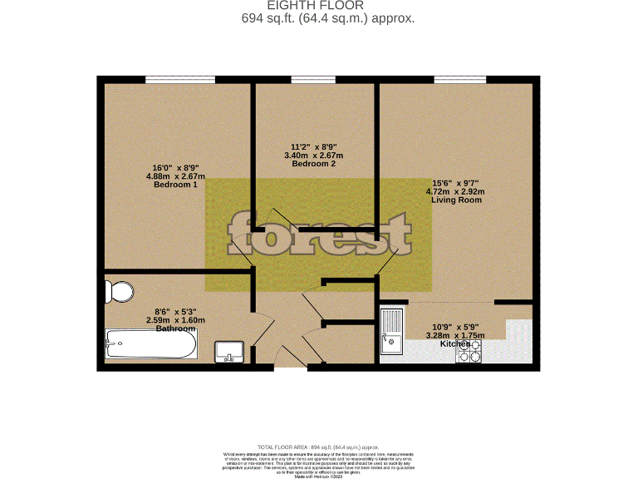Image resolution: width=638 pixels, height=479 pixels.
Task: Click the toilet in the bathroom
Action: pos(120,292)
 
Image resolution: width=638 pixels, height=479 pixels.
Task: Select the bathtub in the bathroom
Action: pos(150,343)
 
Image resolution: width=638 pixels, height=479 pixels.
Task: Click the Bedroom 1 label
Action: pos(175,185)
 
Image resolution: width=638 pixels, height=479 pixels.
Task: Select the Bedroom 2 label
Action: pos(314,164)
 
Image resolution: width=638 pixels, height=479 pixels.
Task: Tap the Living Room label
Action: pos(455,200)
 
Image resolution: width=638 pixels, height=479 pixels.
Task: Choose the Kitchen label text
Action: pos(455,343)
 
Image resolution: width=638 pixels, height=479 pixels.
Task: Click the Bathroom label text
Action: pos(176,328)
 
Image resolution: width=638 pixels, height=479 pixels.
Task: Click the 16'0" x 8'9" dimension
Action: pos(175,167)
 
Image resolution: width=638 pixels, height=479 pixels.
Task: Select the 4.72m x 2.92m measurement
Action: pos(455,191)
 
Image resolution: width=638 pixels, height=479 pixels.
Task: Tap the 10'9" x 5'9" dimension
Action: pos(455,326)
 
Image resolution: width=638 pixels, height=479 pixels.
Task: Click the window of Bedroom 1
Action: pos(180,80)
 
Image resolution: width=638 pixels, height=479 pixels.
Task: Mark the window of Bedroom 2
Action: pos(314,80)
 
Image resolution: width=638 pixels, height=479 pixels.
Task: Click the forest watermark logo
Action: pos(319,235)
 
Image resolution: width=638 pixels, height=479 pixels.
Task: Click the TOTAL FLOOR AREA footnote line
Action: pos(319,447)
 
